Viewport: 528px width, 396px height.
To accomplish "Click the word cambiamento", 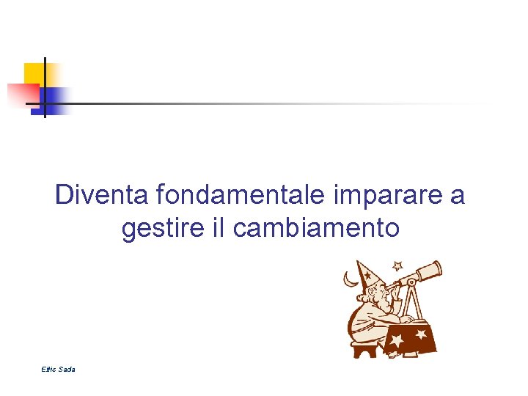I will pyautogui.click(x=316, y=228).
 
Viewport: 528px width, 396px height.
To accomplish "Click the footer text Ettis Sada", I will pyautogui.click(x=58, y=369).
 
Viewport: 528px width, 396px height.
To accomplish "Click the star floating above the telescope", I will pyautogui.click(x=398, y=265).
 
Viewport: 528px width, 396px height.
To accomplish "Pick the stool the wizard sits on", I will pyautogui.click(x=364, y=348).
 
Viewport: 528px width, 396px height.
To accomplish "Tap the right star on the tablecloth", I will pyautogui.click(x=421, y=334).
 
